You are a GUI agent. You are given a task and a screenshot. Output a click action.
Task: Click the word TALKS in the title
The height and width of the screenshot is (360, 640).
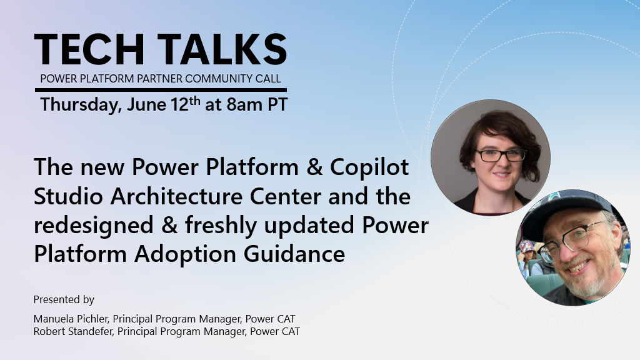[x=222, y=49]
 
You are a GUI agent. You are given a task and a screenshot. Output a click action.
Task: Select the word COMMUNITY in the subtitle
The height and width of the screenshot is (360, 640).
[x=209, y=79]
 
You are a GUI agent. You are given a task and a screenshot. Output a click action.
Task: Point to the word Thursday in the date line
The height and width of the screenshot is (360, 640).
[x=78, y=104]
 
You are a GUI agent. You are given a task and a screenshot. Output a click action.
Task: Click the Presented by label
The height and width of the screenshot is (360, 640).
[x=64, y=299]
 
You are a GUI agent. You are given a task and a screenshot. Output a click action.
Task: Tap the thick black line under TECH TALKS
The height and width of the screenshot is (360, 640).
[x=161, y=90]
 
